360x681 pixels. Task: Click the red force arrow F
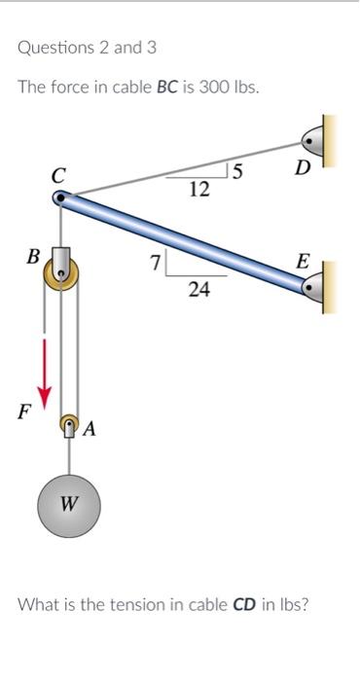point(45,375)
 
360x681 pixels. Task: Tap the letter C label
point(58,175)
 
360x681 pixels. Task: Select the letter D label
point(303,167)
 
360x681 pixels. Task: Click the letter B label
point(32,256)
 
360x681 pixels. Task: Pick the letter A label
point(90,429)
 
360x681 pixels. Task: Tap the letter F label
point(24,412)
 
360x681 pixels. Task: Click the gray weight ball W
point(69,506)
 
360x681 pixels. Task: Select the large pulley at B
point(61,272)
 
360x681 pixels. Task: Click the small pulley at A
point(69,422)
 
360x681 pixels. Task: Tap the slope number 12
point(199,190)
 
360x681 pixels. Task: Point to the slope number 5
point(237,171)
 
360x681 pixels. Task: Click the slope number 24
point(199,289)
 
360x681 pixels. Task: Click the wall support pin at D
point(312,142)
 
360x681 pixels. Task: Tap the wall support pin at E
point(312,288)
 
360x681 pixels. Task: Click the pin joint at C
point(60,198)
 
